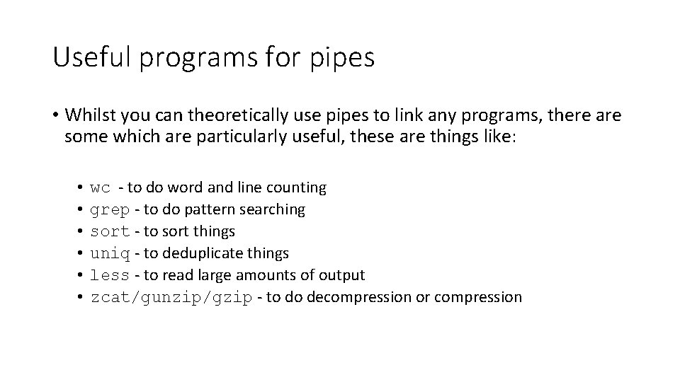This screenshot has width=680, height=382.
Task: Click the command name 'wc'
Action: click(x=101, y=188)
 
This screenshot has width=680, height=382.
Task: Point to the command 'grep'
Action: click(x=110, y=210)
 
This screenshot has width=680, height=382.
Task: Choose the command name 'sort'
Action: click(x=110, y=231)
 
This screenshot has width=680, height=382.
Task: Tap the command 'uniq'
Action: click(x=110, y=253)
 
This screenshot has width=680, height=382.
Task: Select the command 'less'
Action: click(x=110, y=275)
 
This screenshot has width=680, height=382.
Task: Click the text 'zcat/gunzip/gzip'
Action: click(x=171, y=297)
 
